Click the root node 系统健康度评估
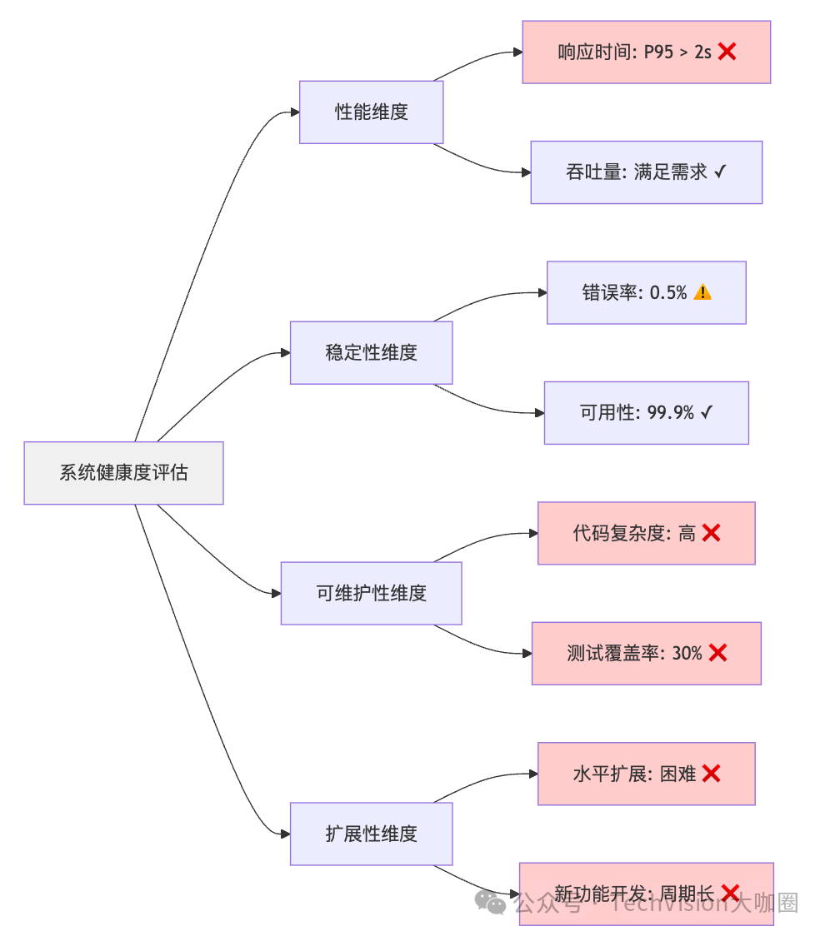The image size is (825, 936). [123, 473]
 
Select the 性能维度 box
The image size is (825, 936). [371, 112]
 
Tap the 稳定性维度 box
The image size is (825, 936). [371, 352]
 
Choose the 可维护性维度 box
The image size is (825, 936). [371, 593]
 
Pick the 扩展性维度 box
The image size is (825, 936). [371, 834]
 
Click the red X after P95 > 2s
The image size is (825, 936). [727, 52]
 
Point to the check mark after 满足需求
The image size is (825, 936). [720, 172]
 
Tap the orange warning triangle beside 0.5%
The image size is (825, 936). [702, 292]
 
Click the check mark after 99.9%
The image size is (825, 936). [707, 413]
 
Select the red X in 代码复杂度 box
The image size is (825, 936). [711, 533]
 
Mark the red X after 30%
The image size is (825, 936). [717, 654]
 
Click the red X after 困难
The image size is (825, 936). [711, 774]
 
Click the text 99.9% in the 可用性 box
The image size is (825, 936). [671, 413]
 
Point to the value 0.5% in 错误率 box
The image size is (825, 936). [668, 293]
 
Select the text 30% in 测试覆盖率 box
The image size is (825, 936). [687, 654]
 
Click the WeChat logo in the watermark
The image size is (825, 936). [490, 902]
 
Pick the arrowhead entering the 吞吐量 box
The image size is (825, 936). [526, 172]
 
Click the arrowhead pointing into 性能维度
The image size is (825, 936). [294, 112]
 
